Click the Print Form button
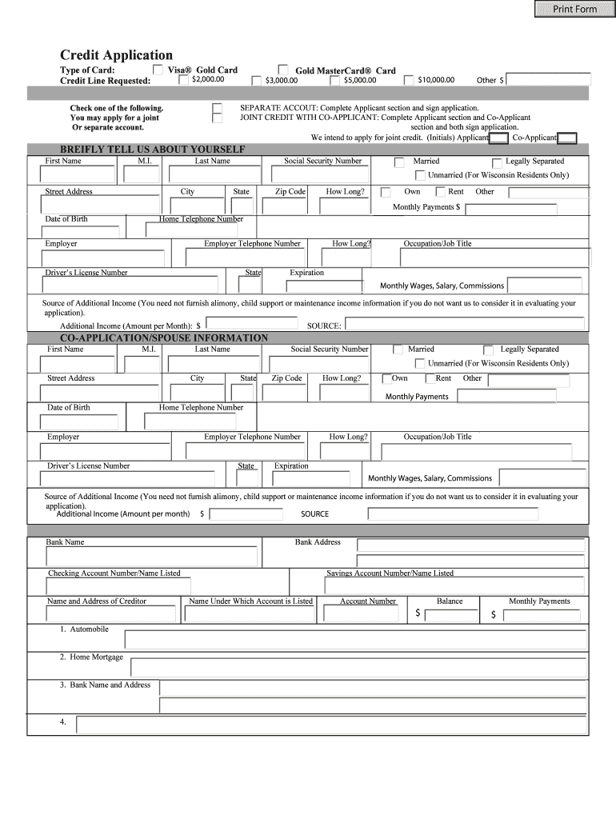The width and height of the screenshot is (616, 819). coord(574,9)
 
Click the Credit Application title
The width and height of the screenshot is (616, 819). coord(116,54)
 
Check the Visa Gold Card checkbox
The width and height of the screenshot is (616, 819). coord(158,70)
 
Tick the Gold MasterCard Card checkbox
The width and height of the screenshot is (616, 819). coord(283,70)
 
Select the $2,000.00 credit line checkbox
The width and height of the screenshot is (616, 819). coord(184,80)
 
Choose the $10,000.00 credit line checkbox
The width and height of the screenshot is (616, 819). coord(410,80)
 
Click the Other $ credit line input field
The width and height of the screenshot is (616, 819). coord(549,79)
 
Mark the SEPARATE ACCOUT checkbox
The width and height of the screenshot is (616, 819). coord(218,106)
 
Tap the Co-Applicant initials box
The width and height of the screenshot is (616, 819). coord(567,138)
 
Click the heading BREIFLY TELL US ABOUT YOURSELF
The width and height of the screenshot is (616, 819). coord(153,149)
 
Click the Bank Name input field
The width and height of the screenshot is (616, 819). coord(150,556)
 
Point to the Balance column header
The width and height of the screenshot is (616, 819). coord(450,601)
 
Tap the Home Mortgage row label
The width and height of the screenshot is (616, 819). coord(91,657)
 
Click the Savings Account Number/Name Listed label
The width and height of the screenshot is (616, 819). coord(390,573)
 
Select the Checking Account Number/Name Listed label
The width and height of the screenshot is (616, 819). coord(114,573)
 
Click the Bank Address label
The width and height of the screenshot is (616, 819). coord(318,542)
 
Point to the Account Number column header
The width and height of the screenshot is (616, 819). coord(368,601)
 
